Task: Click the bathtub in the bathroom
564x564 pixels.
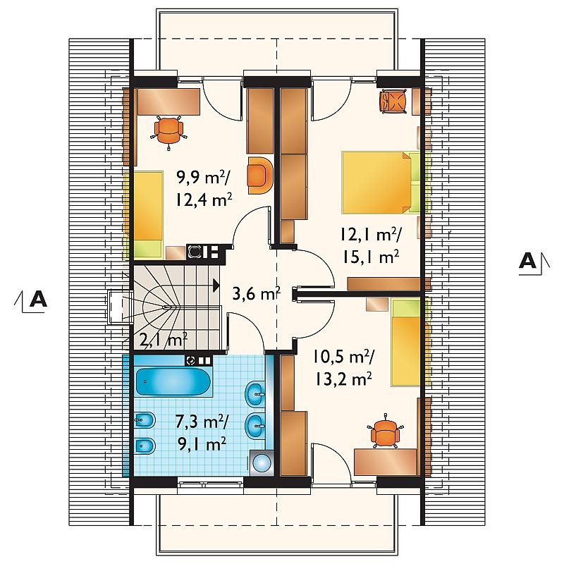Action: coord(173,381)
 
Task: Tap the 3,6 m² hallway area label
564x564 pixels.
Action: coord(256,293)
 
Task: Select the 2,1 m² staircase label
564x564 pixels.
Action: coord(163,339)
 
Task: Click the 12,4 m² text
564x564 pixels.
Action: coord(204,200)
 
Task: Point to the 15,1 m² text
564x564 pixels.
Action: coord(371,257)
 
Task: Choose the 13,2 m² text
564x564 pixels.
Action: coord(343,379)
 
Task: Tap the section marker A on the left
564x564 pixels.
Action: coord(38,298)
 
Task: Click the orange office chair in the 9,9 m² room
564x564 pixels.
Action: coord(168,131)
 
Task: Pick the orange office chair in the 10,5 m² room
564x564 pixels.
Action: coord(385,431)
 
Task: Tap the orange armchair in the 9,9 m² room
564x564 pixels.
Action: coord(259,175)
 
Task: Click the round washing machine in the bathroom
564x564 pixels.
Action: coord(262,462)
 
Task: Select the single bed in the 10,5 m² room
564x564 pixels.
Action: coord(406,343)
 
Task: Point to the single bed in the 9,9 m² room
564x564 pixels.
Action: coord(149,215)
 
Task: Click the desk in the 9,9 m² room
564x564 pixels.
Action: coord(168,102)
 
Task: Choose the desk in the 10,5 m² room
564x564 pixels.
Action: coord(386,462)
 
